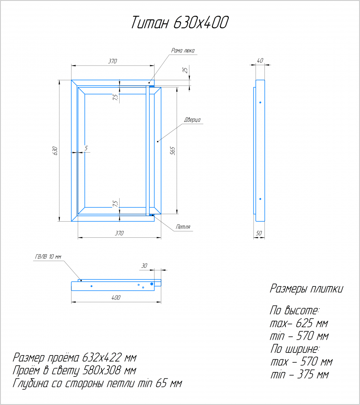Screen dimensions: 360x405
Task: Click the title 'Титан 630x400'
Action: [180, 22]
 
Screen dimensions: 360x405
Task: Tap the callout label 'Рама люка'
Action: [183, 50]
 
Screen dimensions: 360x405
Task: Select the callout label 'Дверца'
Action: [192, 120]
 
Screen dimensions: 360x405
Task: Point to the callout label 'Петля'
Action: [183, 227]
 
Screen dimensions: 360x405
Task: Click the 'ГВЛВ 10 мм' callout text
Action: [48, 256]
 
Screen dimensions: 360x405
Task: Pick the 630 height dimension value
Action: [55, 151]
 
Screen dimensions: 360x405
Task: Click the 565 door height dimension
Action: [172, 151]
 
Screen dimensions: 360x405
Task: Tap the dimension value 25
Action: [185, 70]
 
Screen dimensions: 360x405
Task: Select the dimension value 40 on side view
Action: [260, 60]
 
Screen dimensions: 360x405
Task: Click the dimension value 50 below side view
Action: [259, 233]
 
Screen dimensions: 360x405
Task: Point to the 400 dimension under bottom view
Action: [116, 297]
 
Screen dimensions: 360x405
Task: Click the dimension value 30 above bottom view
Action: [144, 265]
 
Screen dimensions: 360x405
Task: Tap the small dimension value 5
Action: [86, 148]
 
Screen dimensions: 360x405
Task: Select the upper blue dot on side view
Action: [260, 102]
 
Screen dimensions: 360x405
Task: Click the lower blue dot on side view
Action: [260, 199]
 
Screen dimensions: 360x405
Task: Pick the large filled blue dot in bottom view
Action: [152, 284]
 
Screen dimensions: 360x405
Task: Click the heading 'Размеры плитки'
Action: [306, 289]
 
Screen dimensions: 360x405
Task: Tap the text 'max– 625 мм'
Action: [299, 323]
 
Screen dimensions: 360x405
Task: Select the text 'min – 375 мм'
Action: [300, 375]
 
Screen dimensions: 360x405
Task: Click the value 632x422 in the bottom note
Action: [102, 358]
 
